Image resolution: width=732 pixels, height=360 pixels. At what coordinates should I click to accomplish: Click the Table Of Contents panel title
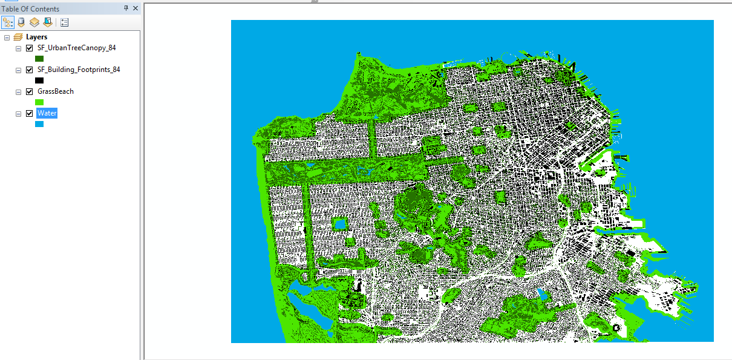pyautogui.click(x=30, y=8)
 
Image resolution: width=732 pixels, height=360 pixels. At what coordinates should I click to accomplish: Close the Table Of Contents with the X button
pyautogui.click(x=136, y=8)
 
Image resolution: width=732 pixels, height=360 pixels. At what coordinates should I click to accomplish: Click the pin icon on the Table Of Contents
pyautogui.click(x=126, y=8)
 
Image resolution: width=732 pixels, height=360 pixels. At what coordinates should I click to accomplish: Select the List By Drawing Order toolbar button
pyautogui.click(x=8, y=23)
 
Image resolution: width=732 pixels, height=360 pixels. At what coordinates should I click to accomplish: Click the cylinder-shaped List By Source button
pyautogui.click(x=21, y=23)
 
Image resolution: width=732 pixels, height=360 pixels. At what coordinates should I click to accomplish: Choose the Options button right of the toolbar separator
pyautogui.click(x=64, y=23)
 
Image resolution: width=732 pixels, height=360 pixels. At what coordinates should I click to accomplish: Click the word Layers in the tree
pyautogui.click(x=36, y=37)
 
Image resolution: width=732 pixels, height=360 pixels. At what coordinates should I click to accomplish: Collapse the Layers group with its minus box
pyautogui.click(x=7, y=38)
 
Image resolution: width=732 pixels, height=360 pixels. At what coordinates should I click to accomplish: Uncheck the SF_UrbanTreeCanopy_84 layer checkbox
pyautogui.click(x=29, y=48)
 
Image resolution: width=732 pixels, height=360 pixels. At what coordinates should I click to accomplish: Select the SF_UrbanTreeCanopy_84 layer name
pyautogui.click(x=76, y=48)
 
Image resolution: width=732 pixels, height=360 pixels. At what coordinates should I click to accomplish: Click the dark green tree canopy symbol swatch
pyautogui.click(x=39, y=59)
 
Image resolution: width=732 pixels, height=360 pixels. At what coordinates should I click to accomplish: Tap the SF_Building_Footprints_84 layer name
pyautogui.click(x=79, y=70)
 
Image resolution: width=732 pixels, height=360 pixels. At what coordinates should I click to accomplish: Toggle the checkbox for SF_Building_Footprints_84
pyautogui.click(x=29, y=70)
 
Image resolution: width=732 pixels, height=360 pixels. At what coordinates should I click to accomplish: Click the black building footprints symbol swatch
pyautogui.click(x=39, y=80)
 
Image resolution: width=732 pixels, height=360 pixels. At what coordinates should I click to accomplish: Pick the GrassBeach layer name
pyautogui.click(x=55, y=91)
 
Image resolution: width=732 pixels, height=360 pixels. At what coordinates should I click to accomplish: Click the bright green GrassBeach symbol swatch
pyautogui.click(x=39, y=102)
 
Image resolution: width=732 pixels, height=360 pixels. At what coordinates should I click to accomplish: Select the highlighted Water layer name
pyautogui.click(x=47, y=113)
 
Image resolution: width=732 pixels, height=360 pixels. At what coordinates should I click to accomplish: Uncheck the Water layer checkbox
pyautogui.click(x=29, y=113)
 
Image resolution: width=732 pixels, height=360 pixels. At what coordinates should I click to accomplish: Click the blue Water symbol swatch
pyautogui.click(x=39, y=124)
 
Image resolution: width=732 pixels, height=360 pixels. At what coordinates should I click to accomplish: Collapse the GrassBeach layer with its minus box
pyautogui.click(x=18, y=92)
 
